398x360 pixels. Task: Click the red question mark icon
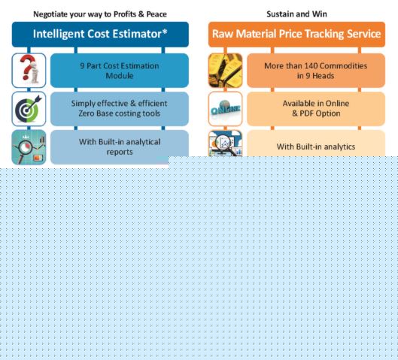29,70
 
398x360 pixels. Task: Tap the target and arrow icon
29,109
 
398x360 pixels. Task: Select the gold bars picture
225,70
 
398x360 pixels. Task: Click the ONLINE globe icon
225,109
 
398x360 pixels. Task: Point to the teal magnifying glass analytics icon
29,147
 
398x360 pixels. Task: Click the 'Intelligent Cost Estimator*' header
100,35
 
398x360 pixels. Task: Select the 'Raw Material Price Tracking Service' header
296,35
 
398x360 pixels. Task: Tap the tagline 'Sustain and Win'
296,14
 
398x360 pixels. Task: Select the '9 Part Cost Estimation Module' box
120,71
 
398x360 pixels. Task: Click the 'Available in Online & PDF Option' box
316,109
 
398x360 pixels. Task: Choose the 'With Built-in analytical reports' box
120,147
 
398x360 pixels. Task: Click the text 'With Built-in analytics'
316,147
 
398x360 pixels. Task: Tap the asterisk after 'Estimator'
165,32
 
